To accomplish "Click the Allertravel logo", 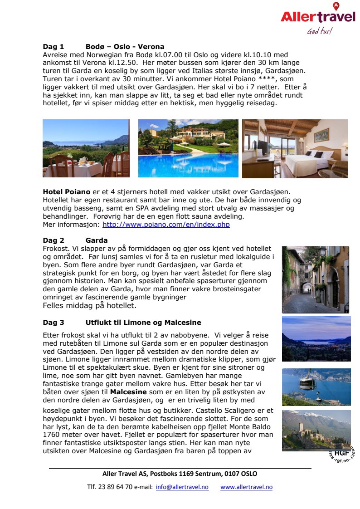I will [x=317, y=17].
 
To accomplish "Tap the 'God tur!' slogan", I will [x=319, y=31].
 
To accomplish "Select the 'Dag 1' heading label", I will [x=54, y=47].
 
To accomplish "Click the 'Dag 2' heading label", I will [x=54, y=240].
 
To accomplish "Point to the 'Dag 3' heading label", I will [x=54, y=323].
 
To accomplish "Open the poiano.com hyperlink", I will [x=166, y=225].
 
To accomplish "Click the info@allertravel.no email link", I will [x=182, y=487].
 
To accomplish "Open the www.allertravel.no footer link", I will [x=246, y=487].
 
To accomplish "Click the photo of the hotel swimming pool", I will [x=188, y=148].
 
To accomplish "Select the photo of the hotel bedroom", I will [x=295, y=148].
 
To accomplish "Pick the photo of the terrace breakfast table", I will [x=86, y=148].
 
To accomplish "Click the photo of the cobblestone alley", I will [x=316, y=279].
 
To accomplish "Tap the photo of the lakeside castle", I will [x=316, y=431].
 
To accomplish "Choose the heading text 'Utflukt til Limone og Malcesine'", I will [x=143, y=323].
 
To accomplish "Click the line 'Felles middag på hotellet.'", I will [x=89, y=306].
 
